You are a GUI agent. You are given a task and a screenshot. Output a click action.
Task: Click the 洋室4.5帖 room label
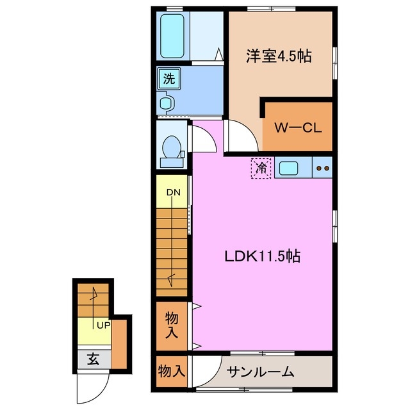tap(279, 56)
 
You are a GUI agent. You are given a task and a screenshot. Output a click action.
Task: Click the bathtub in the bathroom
tap(172, 36)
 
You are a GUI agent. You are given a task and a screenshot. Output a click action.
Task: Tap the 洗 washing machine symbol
tap(168, 79)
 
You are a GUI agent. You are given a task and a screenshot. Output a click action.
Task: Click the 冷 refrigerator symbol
tap(261, 168)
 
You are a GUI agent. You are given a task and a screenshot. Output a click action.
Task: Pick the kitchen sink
tap(288, 168)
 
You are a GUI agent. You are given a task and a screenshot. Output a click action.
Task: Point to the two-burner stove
tap(322, 169)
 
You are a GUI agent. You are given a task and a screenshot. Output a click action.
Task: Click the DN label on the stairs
tap(173, 192)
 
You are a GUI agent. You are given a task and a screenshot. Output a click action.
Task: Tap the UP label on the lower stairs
tap(102, 325)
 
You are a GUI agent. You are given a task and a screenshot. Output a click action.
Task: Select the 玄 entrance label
tap(94, 359)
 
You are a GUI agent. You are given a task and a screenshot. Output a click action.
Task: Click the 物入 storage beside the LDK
tap(172, 325)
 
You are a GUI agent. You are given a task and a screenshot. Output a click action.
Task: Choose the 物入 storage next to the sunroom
tap(172, 371)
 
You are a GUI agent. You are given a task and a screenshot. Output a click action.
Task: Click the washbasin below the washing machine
tap(166, 102)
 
